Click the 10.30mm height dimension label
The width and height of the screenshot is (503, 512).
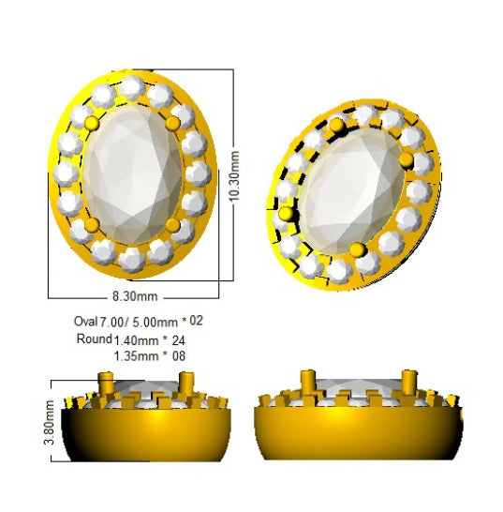click(235, 176)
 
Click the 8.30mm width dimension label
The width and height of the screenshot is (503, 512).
click(135, 296)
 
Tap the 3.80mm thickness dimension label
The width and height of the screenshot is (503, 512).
click(50, 422)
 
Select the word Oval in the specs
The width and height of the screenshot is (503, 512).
click(86, 322)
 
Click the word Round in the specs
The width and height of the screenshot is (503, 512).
click(95, 339)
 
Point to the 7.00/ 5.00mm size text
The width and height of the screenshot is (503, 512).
click(139, 323)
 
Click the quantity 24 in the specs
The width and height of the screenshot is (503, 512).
click(178, 340)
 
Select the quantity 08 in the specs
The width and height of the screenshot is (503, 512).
click(179, 355)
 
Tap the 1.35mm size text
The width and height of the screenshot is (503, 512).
click(137, 355)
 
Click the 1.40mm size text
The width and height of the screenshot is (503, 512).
click(137, 340)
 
